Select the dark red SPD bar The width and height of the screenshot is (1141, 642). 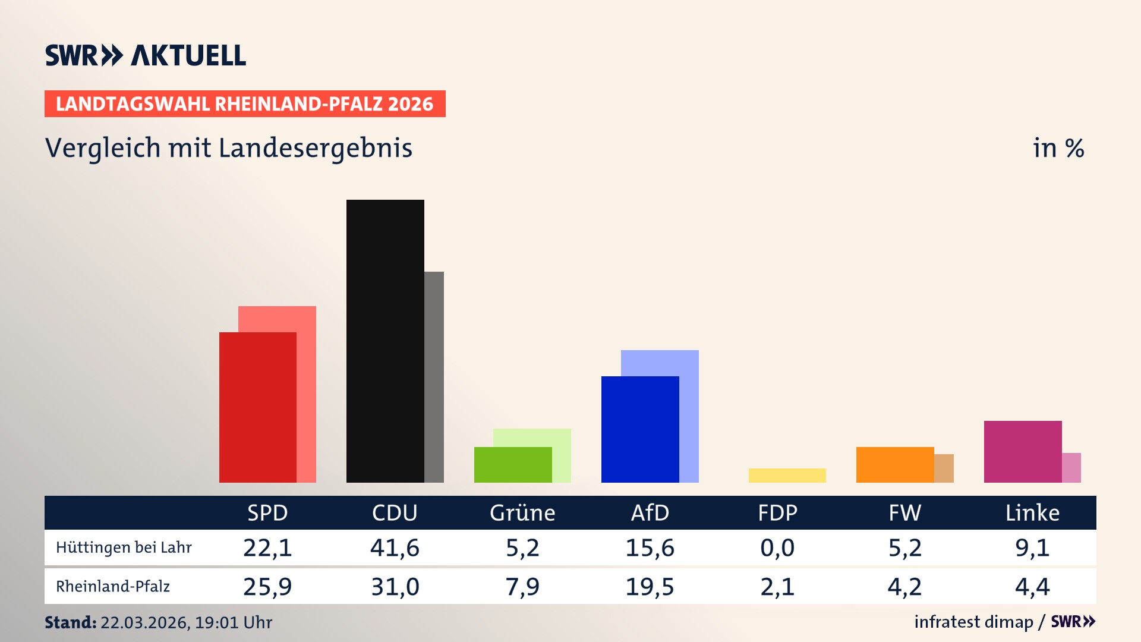point(257,407)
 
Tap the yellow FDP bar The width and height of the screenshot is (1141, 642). point(787,476)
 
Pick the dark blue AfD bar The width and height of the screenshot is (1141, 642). point(639,429)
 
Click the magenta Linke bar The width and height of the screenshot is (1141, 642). point(1022,451)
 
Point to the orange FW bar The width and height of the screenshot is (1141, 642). point(894,464)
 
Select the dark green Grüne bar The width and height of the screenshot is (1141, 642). point(512,464)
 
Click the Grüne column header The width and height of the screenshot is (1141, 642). point(522,512)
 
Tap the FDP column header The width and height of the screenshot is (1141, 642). point(777,512)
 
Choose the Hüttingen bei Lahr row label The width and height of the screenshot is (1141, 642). point(124,547)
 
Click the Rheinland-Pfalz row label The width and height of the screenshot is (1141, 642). point(113,587)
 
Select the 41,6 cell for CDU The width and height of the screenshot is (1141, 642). point(395,547)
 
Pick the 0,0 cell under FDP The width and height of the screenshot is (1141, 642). point(777,547)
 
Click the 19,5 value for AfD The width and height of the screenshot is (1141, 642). point(650,587)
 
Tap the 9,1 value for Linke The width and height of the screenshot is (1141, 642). point(1032,547)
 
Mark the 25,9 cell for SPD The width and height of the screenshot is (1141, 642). point(267,587)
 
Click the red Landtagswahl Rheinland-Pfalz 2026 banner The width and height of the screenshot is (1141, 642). point(245,104)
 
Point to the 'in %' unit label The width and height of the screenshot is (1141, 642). point(1058,148)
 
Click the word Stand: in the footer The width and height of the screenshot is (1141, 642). point(70,622)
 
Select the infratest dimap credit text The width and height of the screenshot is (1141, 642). point(973,622)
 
